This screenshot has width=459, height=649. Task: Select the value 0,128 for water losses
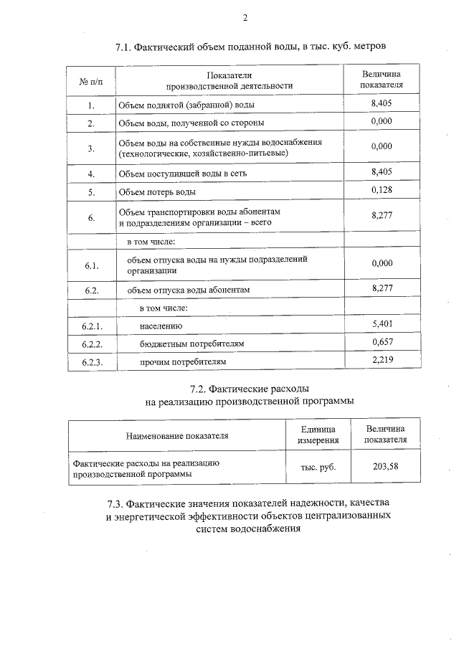point(382,189)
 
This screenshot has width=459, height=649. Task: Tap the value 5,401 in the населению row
point(382,325)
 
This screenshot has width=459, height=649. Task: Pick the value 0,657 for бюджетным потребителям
point(382,342)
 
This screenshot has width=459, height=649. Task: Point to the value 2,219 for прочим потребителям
point(382,360)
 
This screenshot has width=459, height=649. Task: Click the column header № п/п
point(91,80)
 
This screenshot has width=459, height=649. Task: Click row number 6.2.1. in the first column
point(91,327)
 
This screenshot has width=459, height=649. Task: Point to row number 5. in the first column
point(91,192)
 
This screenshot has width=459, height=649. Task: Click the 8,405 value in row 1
point(382,104)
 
